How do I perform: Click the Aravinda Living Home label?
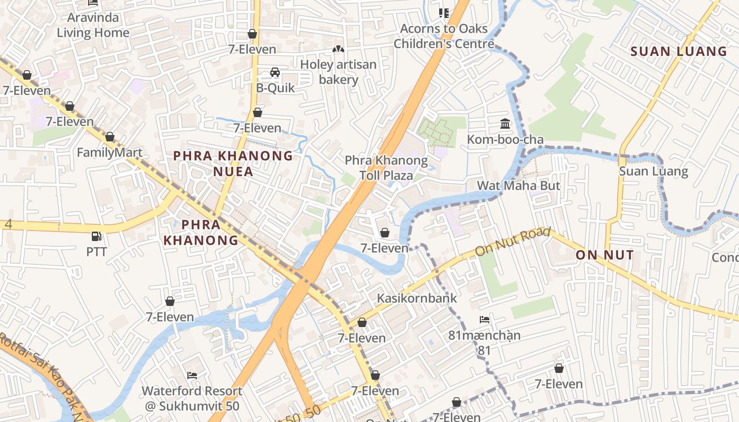[x=93, y=25]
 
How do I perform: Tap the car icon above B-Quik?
[x=275, y=72]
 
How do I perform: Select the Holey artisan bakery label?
[x=338, y=72]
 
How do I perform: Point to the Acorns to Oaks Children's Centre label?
[x=444, y=36]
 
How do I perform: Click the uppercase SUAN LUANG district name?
[x=679, y=51]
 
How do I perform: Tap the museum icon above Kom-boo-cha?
[x=505, y=124]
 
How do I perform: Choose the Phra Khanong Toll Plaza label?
[x=386, y=167]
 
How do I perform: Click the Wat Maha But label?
[x=518, y=186]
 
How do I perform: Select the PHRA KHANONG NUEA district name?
[x=233, y=163]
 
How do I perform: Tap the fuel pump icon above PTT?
[x=96, y=236]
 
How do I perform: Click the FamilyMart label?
[x=109, y=152]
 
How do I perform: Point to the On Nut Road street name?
[x=513, y=242]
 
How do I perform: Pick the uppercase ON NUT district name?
[x=604, y=255]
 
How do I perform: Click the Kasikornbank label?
[x=416, y=298]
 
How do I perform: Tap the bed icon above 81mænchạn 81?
[x=485, y=320]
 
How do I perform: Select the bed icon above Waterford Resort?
[x=192, y=376]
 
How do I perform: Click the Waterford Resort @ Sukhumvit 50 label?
[x=192, y=398]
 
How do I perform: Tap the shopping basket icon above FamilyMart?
[x=110, y=137]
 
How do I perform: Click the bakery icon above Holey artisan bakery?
[x=338, y=50]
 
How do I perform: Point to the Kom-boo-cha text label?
[x=505, y=140]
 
